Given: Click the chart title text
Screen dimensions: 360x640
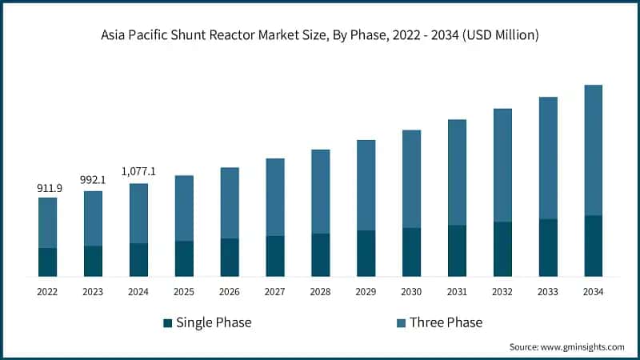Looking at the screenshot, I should (x=320, y=34).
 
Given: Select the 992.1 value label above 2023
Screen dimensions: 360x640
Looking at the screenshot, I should (x=93, y=181).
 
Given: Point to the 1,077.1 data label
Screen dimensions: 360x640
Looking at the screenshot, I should (x=138, y=171).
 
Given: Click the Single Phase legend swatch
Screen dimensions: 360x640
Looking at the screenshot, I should (x=167, y=323).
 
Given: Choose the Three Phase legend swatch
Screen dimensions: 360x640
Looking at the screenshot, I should (x=402, y=323).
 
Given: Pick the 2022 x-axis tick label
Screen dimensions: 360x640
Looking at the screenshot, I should (x=48, y=292).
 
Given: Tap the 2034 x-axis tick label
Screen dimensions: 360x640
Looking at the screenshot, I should (x=593, y=292).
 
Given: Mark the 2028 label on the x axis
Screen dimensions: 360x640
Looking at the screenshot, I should (x=320, y=292).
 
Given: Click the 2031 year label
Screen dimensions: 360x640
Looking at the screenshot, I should (x=457, y=292).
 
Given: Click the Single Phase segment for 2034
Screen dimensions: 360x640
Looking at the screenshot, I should (x=593, y=246).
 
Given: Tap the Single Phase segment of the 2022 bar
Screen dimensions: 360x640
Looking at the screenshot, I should (x=48, y=262).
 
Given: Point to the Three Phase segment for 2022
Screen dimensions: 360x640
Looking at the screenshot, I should (x=48, y=222).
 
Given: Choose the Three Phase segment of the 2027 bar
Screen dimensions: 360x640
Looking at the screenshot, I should (x=275, y=197).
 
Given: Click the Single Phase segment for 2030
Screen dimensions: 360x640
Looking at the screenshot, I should (x=411, y=252).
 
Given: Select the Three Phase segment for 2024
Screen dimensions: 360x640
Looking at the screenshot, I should (x=138, y=214).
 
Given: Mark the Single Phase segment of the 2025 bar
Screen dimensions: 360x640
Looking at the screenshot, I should (x=184, y=258).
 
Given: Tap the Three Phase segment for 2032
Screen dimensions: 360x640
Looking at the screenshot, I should (x=502, y=165).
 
